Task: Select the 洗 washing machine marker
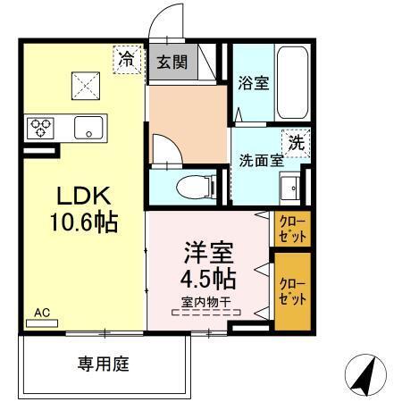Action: pyautogui.click(x=296, y=140)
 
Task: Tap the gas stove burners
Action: pyautogui.click(x=41, y=128)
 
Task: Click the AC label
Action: pyautogui.click(x=41, y=313)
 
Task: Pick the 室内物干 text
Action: pyautogui.click(x=206, y=303)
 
